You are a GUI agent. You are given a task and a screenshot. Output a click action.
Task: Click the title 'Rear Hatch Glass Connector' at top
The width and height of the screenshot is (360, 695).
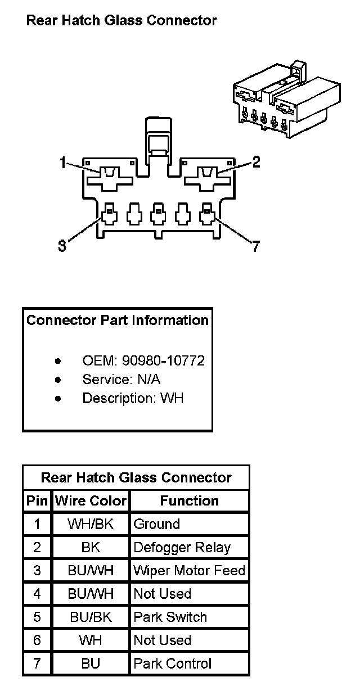(x=121, y=21)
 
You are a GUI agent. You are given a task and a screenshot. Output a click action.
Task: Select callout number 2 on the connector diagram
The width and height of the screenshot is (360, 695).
(x=256, y=162)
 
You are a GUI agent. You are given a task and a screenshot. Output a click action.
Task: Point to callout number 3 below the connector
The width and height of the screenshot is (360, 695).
(x=62, y=246)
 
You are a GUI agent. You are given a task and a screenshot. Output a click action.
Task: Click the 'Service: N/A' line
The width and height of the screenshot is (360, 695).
(x=121, y=380)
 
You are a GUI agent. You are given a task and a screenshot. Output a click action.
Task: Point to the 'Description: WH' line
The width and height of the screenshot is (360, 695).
(x=133, y=399)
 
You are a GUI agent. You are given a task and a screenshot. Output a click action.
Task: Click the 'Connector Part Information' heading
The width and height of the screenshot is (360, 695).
(x=118, y=321)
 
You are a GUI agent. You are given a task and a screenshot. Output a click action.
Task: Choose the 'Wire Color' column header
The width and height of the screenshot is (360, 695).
(x=91, y=500)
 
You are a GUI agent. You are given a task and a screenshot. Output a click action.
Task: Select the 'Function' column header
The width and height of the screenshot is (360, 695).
(x=189, y=500)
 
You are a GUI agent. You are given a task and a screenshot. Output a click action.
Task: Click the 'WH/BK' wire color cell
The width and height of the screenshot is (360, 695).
(x=91, y=524)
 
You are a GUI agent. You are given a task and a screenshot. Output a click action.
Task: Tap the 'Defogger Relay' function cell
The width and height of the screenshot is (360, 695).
(x=182, y=547)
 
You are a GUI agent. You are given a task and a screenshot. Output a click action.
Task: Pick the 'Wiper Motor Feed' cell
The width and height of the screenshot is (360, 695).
(x=189, y=571)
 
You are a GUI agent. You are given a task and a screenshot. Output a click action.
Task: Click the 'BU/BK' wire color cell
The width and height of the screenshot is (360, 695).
(x=91, y=617)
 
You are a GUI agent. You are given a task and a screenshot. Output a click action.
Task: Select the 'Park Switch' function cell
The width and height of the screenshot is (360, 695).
(x=170, y=617)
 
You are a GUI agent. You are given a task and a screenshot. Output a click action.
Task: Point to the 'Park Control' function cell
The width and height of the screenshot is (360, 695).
(x=172, y=664)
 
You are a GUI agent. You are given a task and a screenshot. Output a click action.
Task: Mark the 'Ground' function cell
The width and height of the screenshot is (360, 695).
(x=156, y=524)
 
